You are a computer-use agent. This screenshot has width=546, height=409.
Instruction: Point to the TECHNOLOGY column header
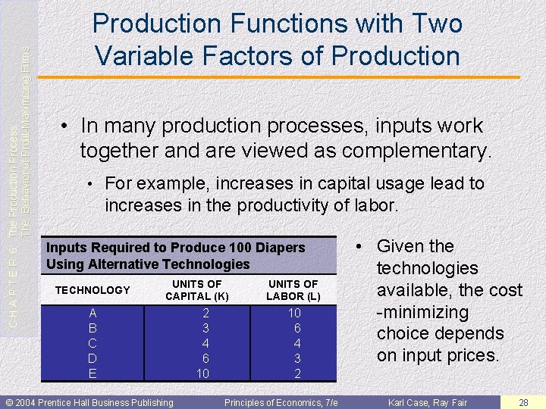[x=93, y=290]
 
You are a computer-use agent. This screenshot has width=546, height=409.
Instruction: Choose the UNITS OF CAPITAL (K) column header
[x=197, y=290]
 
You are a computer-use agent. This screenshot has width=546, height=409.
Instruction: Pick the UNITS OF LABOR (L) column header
[x=293, y=290]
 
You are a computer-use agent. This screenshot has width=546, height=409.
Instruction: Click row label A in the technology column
[x=93, y=313]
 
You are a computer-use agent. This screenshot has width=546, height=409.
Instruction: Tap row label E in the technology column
[x=93, y=373]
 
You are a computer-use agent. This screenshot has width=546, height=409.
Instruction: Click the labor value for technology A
[x=294, y=313]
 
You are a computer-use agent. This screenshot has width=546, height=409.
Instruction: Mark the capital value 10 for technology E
[x=202, y=373]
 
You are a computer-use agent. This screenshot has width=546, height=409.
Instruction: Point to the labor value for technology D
[x=297, y=358]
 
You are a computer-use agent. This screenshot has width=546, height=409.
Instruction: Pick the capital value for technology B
[x=205, y=328]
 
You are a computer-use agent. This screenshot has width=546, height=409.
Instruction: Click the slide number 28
[x=523, y=402]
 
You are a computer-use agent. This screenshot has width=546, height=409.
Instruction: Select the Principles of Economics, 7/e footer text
[x=281, y=402]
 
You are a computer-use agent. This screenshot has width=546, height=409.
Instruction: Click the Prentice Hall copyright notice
[x=89, y=402]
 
